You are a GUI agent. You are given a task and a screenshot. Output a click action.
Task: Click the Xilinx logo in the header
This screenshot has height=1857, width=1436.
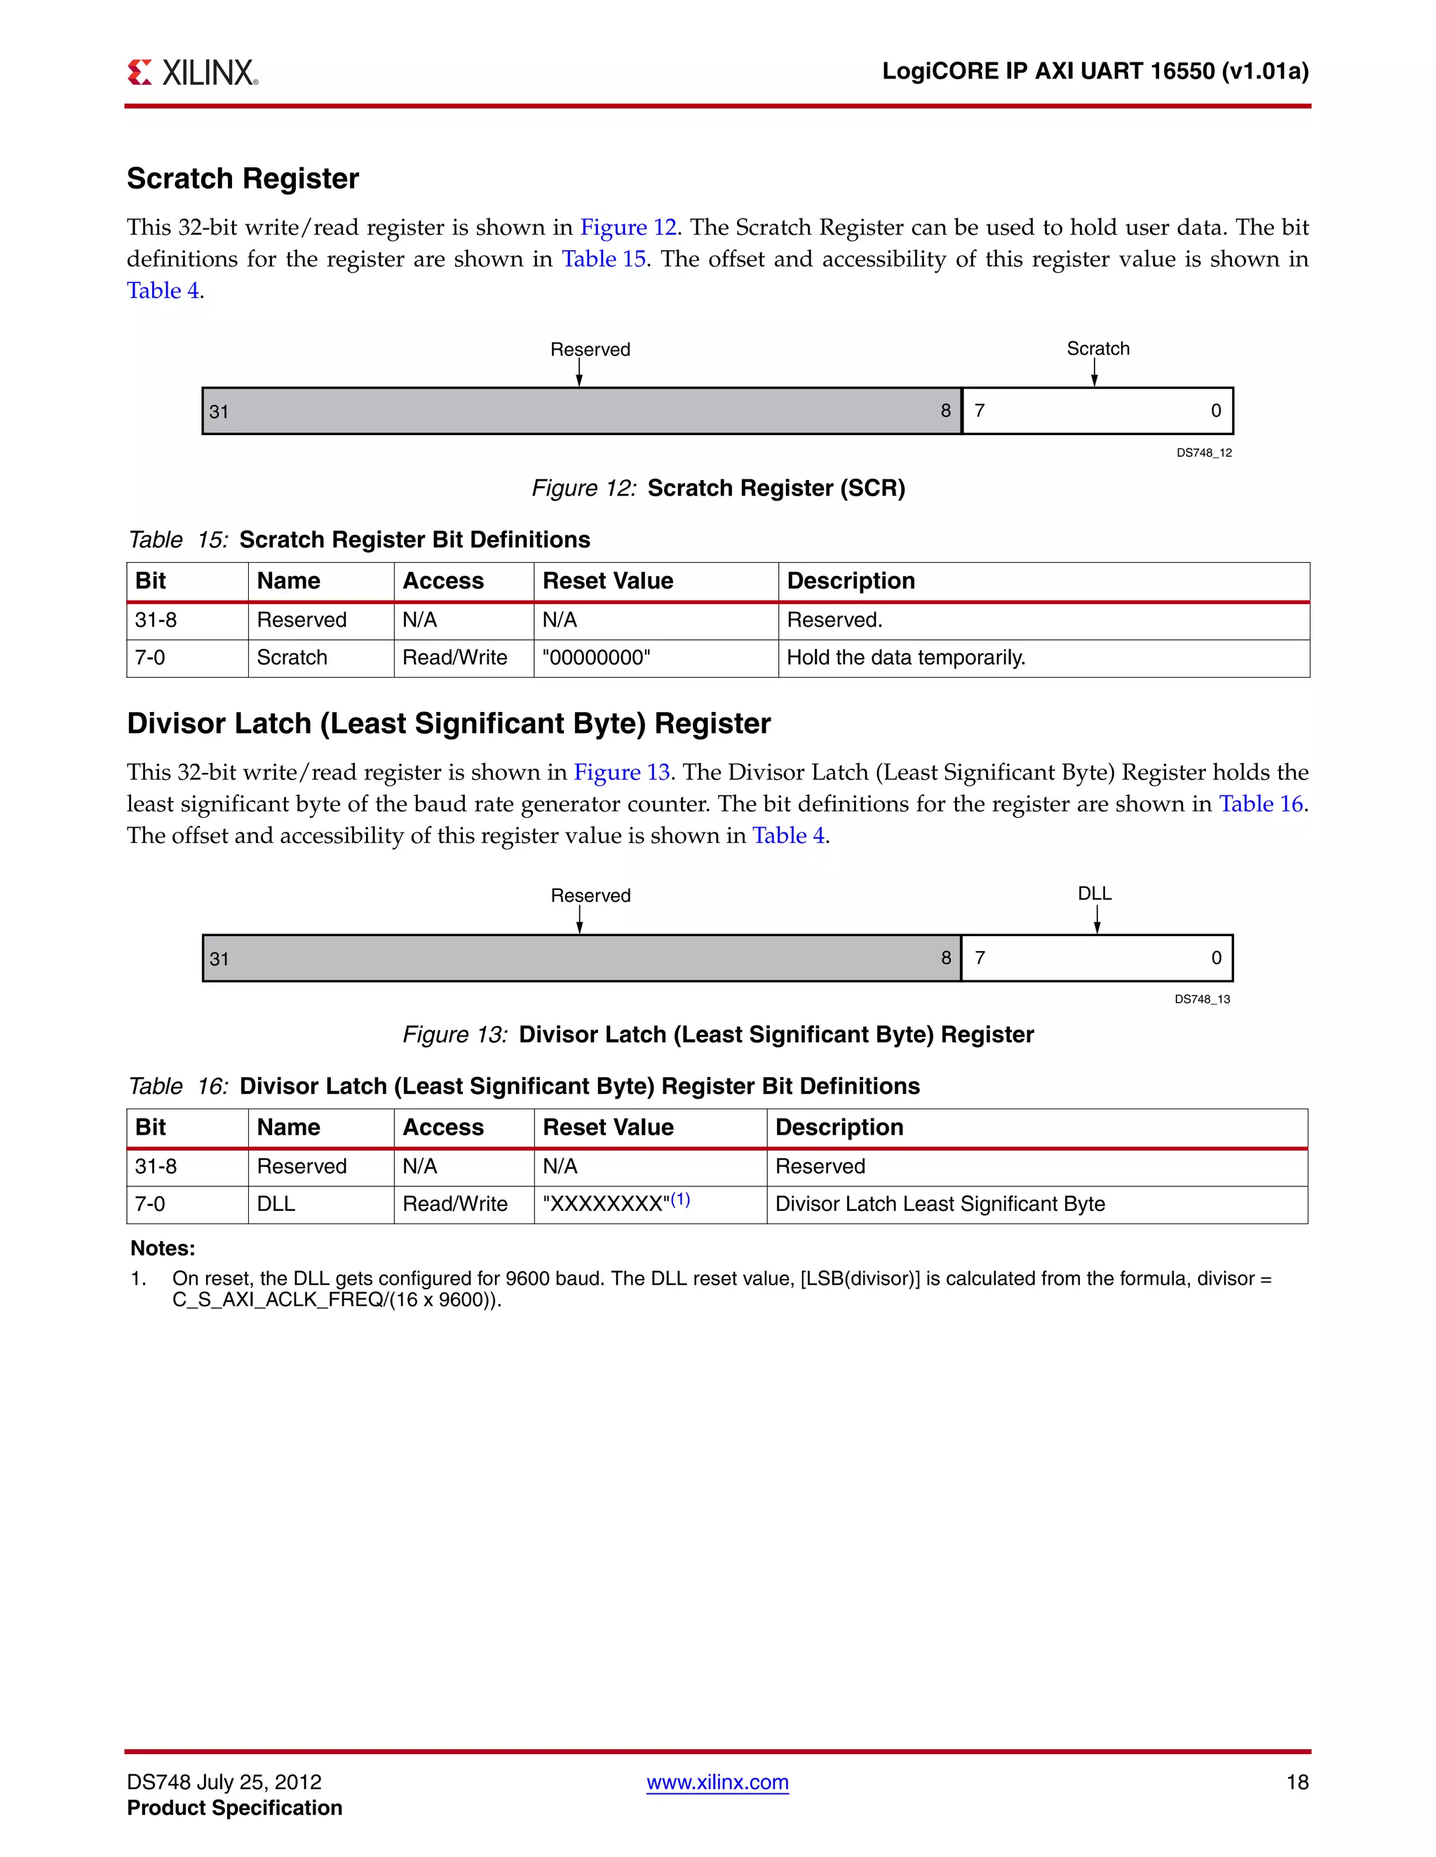coord(192,72)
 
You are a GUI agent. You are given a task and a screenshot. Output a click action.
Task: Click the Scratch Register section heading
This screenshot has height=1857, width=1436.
coord(243,179)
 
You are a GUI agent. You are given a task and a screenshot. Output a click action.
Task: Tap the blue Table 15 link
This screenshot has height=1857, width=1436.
coord(603,259)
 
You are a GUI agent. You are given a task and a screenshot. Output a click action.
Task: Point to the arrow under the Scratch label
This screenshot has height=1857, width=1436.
coord(1094,372)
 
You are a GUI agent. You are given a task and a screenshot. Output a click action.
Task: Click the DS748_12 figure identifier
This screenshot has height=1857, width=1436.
coord(1204,453)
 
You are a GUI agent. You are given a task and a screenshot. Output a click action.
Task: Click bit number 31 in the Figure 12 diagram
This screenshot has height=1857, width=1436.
coord(219,411)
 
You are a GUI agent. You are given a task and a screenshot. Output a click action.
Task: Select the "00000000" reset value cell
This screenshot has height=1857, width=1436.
coord(597,658)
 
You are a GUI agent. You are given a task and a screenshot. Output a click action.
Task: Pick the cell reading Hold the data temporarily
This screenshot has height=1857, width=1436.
coord(906,658)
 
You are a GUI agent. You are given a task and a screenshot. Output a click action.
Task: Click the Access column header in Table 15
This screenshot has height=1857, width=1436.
coord(442,581)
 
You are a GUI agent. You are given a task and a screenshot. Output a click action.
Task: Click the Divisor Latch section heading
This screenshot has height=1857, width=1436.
coord(448,724)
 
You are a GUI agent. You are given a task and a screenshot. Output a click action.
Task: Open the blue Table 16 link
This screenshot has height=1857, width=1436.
coord(1261,804)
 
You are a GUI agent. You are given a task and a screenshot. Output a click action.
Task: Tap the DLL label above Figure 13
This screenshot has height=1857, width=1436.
coord(1095,893)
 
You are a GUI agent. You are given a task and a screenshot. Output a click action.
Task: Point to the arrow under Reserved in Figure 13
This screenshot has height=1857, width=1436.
coord(579,919)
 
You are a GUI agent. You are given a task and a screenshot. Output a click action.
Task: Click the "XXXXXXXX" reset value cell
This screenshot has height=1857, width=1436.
coord(616,1204)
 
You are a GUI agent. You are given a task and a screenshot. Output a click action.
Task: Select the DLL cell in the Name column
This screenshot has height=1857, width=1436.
coord(276,1204)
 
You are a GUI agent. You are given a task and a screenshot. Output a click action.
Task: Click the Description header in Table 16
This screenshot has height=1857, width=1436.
coord(839,1128)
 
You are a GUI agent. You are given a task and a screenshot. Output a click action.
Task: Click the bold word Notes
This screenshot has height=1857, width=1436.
coord(163,1248)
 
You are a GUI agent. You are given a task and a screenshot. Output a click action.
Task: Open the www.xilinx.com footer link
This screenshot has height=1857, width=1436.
coord(717,1782)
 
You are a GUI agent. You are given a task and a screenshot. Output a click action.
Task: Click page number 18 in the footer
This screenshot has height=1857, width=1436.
coord(1296,1782)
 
